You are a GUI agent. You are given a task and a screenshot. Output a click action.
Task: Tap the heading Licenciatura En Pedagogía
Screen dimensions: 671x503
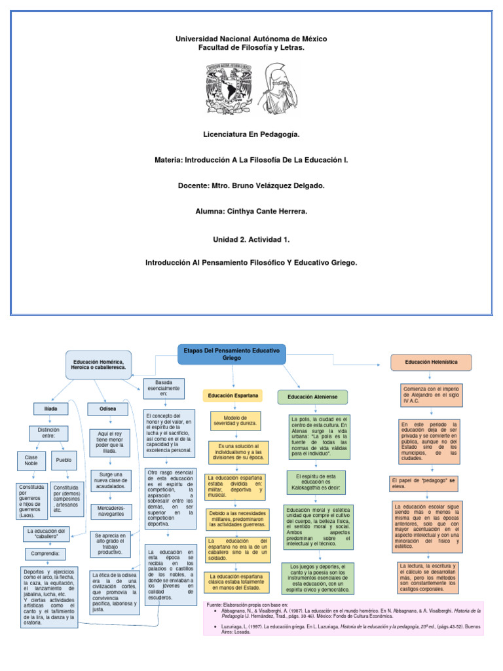tap(251, 134)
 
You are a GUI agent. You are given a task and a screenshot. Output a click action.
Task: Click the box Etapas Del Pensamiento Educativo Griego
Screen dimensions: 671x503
tap(232, 355)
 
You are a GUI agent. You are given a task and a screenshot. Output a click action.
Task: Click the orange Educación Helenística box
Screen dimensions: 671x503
tap(431, 362)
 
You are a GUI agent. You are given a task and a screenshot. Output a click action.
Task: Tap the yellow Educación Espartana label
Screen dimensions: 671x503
tap(234, 396)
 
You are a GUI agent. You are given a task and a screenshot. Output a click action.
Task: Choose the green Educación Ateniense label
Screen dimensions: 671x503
tap(312, 396)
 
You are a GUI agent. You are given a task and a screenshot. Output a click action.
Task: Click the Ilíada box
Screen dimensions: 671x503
tap(50, 408)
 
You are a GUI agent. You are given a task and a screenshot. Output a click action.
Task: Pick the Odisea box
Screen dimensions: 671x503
tap(107, 408)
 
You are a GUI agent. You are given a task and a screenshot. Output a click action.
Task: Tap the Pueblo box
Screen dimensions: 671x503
tap(64, 460)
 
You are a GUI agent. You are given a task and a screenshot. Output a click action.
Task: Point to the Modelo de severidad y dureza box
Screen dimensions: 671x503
tap(235, 421)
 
